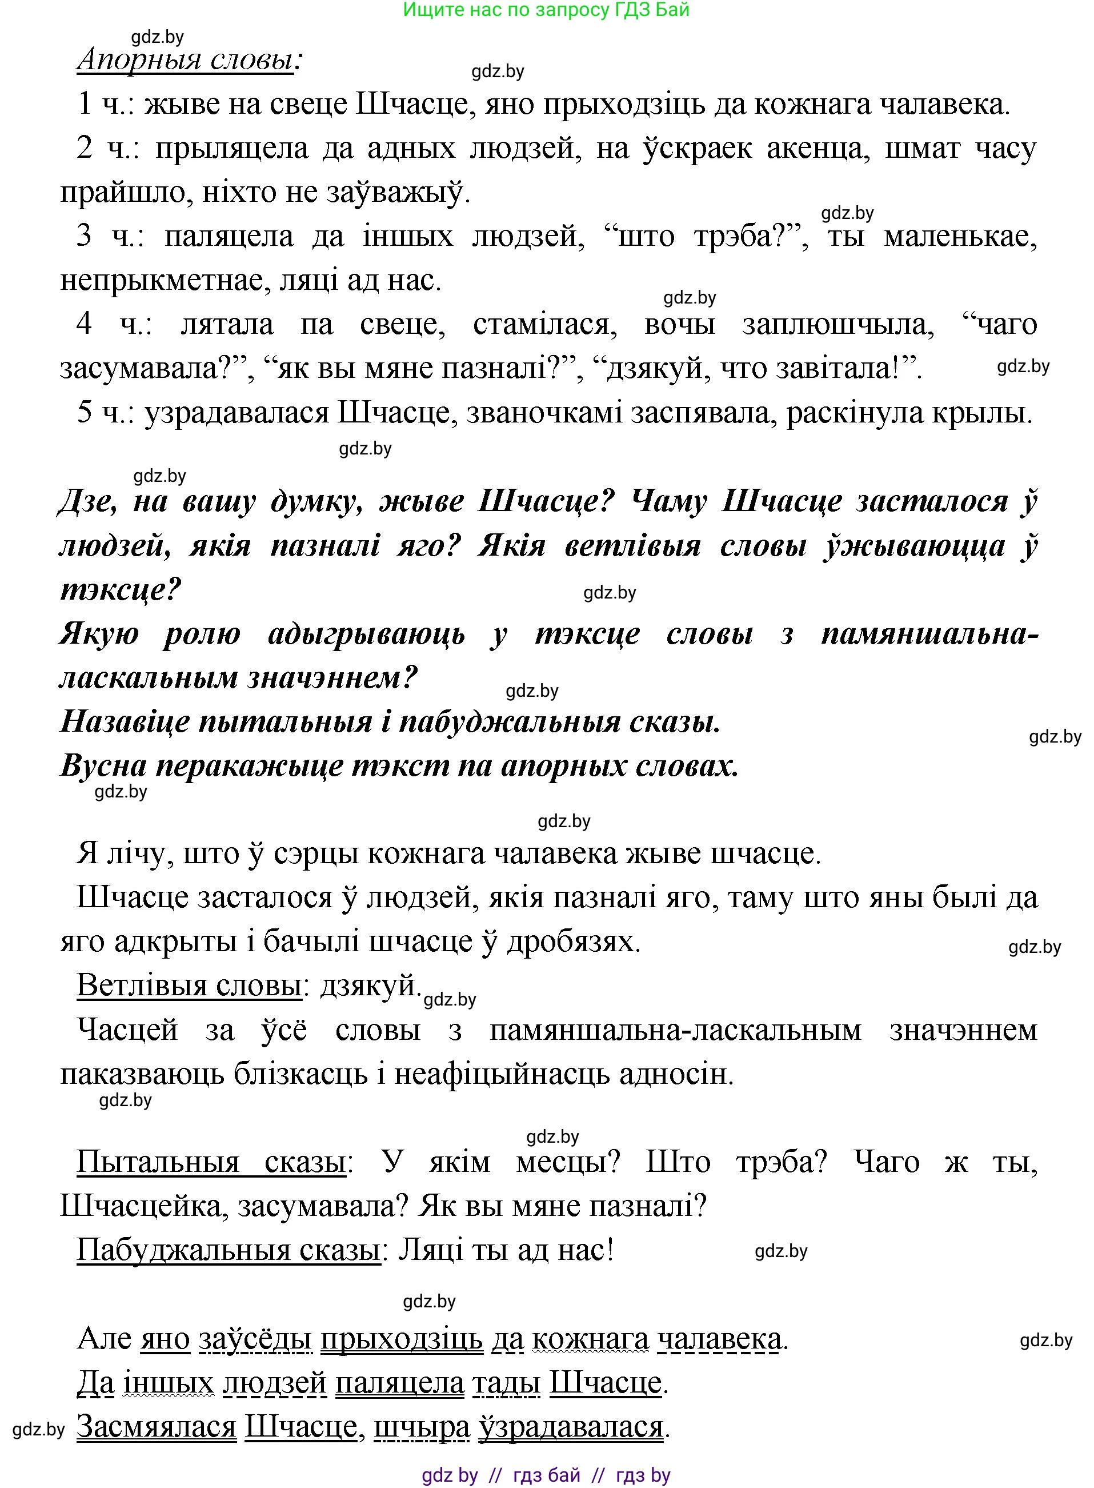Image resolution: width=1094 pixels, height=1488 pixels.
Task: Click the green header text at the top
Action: coord(546,10)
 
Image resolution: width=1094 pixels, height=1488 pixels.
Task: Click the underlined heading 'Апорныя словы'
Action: coord(186,60)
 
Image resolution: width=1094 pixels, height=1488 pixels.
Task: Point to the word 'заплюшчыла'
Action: coord(837,325)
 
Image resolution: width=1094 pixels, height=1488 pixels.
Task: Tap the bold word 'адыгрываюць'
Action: coord(366,634)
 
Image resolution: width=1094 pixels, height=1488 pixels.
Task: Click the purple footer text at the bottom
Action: coord(546,1475)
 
